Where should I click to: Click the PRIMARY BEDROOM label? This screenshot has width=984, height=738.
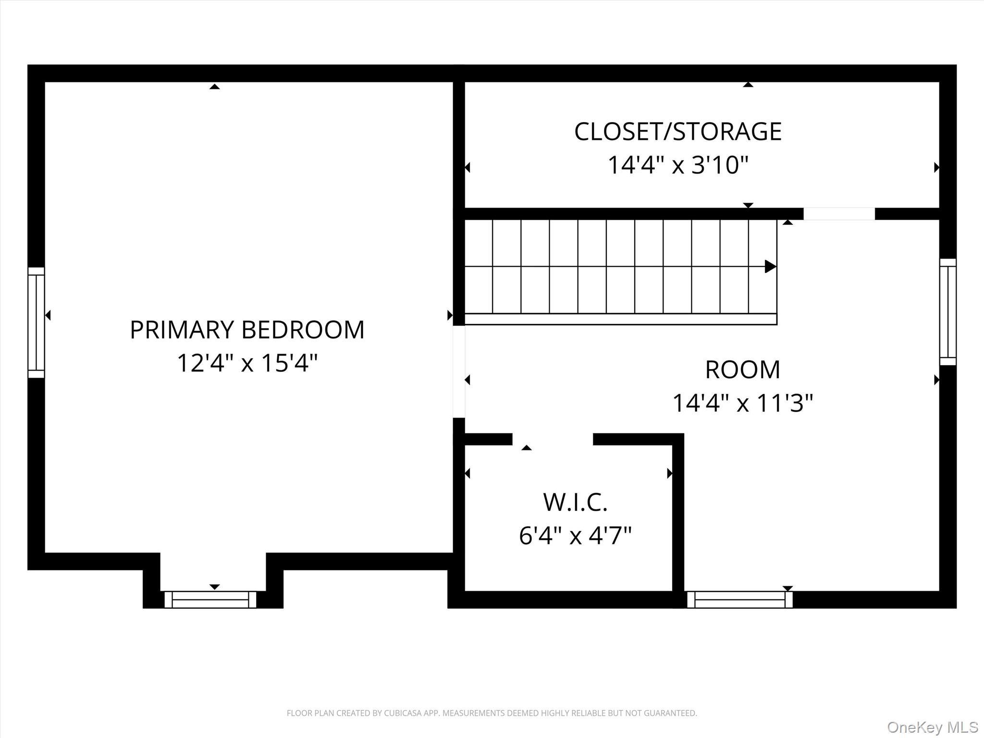[247, 330]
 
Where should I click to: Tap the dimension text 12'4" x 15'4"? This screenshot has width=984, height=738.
[247, 363]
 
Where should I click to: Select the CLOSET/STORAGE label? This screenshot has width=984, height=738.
[677, 132]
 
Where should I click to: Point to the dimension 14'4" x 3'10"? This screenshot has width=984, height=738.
[677, 165]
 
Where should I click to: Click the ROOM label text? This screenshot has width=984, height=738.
[742, 369]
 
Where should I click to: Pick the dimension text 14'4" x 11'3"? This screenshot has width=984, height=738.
[742, 403]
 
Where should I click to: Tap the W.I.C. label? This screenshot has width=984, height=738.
[575, 502]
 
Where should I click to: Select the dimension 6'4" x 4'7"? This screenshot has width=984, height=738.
[575, 536]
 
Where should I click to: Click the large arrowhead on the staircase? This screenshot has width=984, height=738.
[770, 266]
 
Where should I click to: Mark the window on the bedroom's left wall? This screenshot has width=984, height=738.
[36, 322]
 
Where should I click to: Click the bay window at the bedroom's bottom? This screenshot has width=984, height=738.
[210, 600]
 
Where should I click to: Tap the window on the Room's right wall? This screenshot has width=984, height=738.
[947, 312]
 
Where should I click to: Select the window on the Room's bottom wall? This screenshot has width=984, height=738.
[739, 600]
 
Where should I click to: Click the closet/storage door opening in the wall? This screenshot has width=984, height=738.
[839, 214]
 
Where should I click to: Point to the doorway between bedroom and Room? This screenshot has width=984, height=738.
[459, 371]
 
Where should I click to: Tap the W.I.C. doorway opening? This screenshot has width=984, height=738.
[553, 439]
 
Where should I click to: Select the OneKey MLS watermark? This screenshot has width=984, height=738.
[932, 727]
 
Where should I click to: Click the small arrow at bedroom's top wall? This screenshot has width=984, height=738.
[215, 86]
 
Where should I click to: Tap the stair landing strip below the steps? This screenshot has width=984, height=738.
[620, 319]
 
